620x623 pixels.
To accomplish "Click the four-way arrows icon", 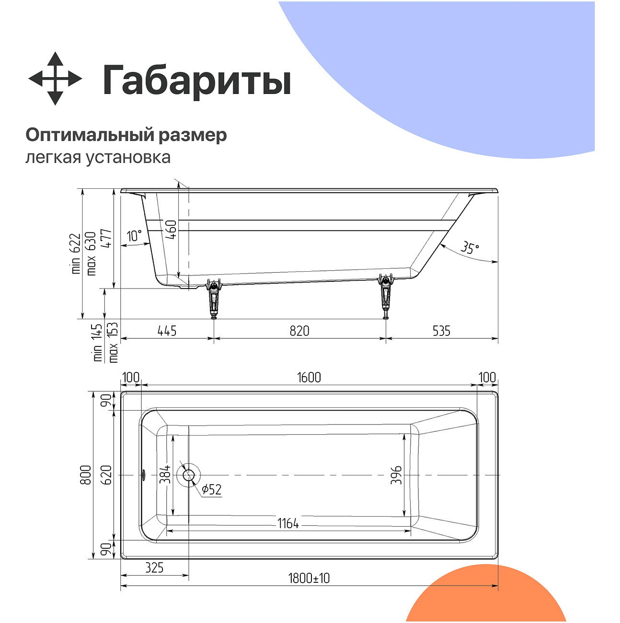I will click(55, 79).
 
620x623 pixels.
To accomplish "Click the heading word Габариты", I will click(196, 81).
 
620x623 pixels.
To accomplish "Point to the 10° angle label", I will click(135, 236).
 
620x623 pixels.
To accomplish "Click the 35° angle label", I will click(470, 248).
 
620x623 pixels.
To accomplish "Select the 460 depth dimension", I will click(172, 229).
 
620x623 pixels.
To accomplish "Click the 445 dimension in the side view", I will click(167, 331).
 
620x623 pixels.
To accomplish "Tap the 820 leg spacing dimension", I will click(299, 331).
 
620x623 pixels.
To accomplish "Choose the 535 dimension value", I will click(441, 331).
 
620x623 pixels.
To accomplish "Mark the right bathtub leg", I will click(386, 296).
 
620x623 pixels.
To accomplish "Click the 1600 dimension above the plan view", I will click(309, 378).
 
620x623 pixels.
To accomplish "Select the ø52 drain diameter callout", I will click(211, 489).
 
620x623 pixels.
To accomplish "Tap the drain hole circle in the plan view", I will click(188, 475).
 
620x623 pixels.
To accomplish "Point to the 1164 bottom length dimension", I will click(288, 524).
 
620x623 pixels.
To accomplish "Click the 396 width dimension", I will click(396, 475).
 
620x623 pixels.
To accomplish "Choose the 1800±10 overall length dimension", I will click(309, 578).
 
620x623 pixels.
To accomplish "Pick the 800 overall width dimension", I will click(85, 475).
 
